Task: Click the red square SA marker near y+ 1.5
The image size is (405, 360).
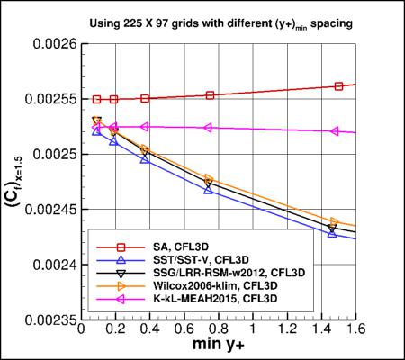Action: [x=339, y=86]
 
